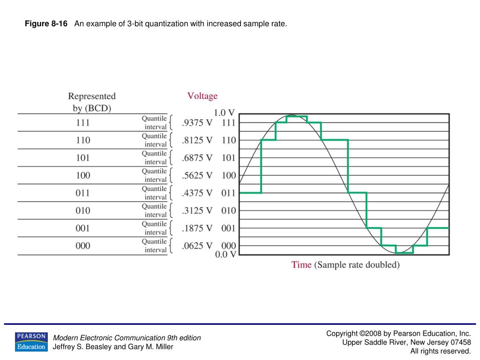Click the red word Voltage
click(202, 96)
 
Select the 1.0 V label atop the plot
click(224, 113)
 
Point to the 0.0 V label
click(225, 254)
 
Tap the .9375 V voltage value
click(197, 123)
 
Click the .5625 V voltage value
click(197, 175)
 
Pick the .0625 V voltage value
click(197, 246)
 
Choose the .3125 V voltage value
click(197, 210)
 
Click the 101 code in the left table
click(83, 158)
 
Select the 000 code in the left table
click(83, 246)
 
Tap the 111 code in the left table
click(83, 123)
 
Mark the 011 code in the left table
click(83, 193)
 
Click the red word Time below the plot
click(301, 265)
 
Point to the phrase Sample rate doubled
click(357, 265)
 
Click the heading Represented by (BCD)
click(92, 102)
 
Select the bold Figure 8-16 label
click(46, 24)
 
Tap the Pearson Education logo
click(31, 342)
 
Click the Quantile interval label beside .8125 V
click(155, 140)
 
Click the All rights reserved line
click(440, 351)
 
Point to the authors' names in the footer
click(113, 347)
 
